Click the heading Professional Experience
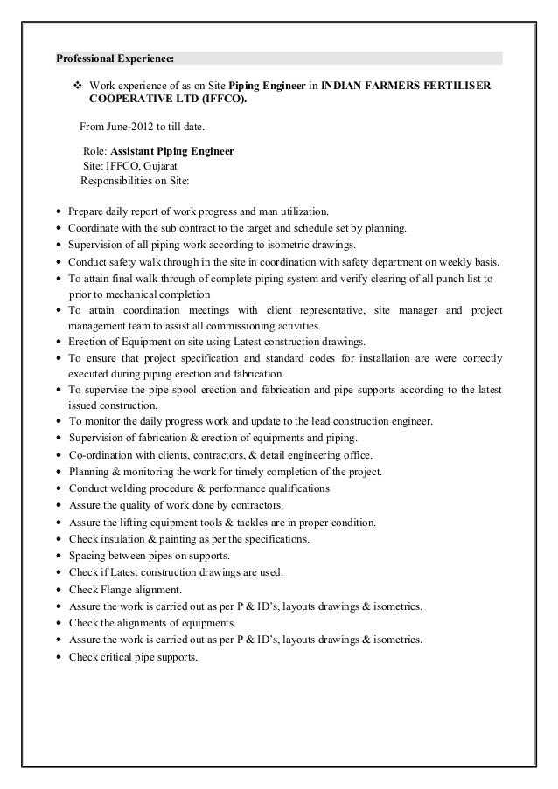pyautogui.click(x=115, y=59)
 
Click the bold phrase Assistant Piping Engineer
pyautogui.click(x=172, y=151)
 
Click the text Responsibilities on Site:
pyautogui.click(x=140, y=182)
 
